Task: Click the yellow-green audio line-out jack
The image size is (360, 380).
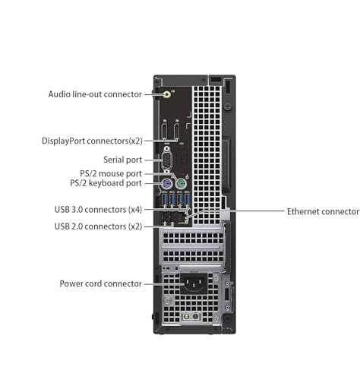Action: click(167, 95)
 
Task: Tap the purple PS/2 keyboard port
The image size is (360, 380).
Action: click(166, 184)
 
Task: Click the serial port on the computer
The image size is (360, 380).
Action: click(166, 160)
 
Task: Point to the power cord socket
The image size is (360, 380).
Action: click(194, 283)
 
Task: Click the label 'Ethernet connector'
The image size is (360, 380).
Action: click(323, 211)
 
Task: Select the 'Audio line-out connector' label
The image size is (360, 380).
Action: click(95, 94)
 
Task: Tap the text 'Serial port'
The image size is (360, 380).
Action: click(122, 160)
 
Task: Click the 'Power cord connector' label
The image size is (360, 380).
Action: click(100, 283)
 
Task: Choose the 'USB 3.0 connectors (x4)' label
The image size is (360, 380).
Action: click(98, 210)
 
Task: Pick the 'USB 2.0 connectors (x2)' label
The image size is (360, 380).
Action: click(98, 226)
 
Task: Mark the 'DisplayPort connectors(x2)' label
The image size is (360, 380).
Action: click(92, 141)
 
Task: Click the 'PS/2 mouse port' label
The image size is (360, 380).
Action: click(111, 174)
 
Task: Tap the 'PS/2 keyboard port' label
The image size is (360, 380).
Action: click(106, 183)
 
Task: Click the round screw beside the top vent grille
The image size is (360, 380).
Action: click(228, 106)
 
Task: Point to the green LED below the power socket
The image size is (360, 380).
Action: click(186, 316)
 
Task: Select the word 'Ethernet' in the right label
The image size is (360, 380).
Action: click(303, 211)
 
